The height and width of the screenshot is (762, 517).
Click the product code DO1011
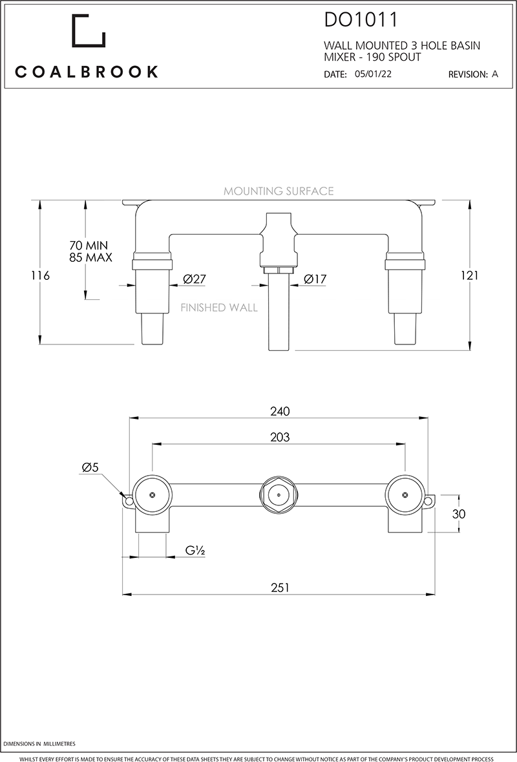point(361,21)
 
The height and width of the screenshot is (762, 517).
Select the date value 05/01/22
point(373,74)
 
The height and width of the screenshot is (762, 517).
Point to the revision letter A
point(495,74)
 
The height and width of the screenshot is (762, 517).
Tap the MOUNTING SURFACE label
point(279,191)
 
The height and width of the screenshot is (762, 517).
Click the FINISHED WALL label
point(219,308)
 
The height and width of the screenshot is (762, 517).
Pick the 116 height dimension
point(40,275)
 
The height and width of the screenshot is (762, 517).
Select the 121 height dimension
point(470,275)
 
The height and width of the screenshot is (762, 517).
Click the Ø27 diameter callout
point(194,279)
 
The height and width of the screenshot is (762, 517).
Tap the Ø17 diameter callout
point(315,279)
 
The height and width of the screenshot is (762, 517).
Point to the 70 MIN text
point(89,246)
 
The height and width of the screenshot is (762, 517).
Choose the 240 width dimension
point(280,412)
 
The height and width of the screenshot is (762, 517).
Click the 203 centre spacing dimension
point(280,438)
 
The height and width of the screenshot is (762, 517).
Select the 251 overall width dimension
point(280,587)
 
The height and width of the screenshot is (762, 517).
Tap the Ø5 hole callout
point(90,468)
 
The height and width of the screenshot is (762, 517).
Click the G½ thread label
point(195,551)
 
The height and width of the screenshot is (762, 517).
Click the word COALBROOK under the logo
point(87,72)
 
